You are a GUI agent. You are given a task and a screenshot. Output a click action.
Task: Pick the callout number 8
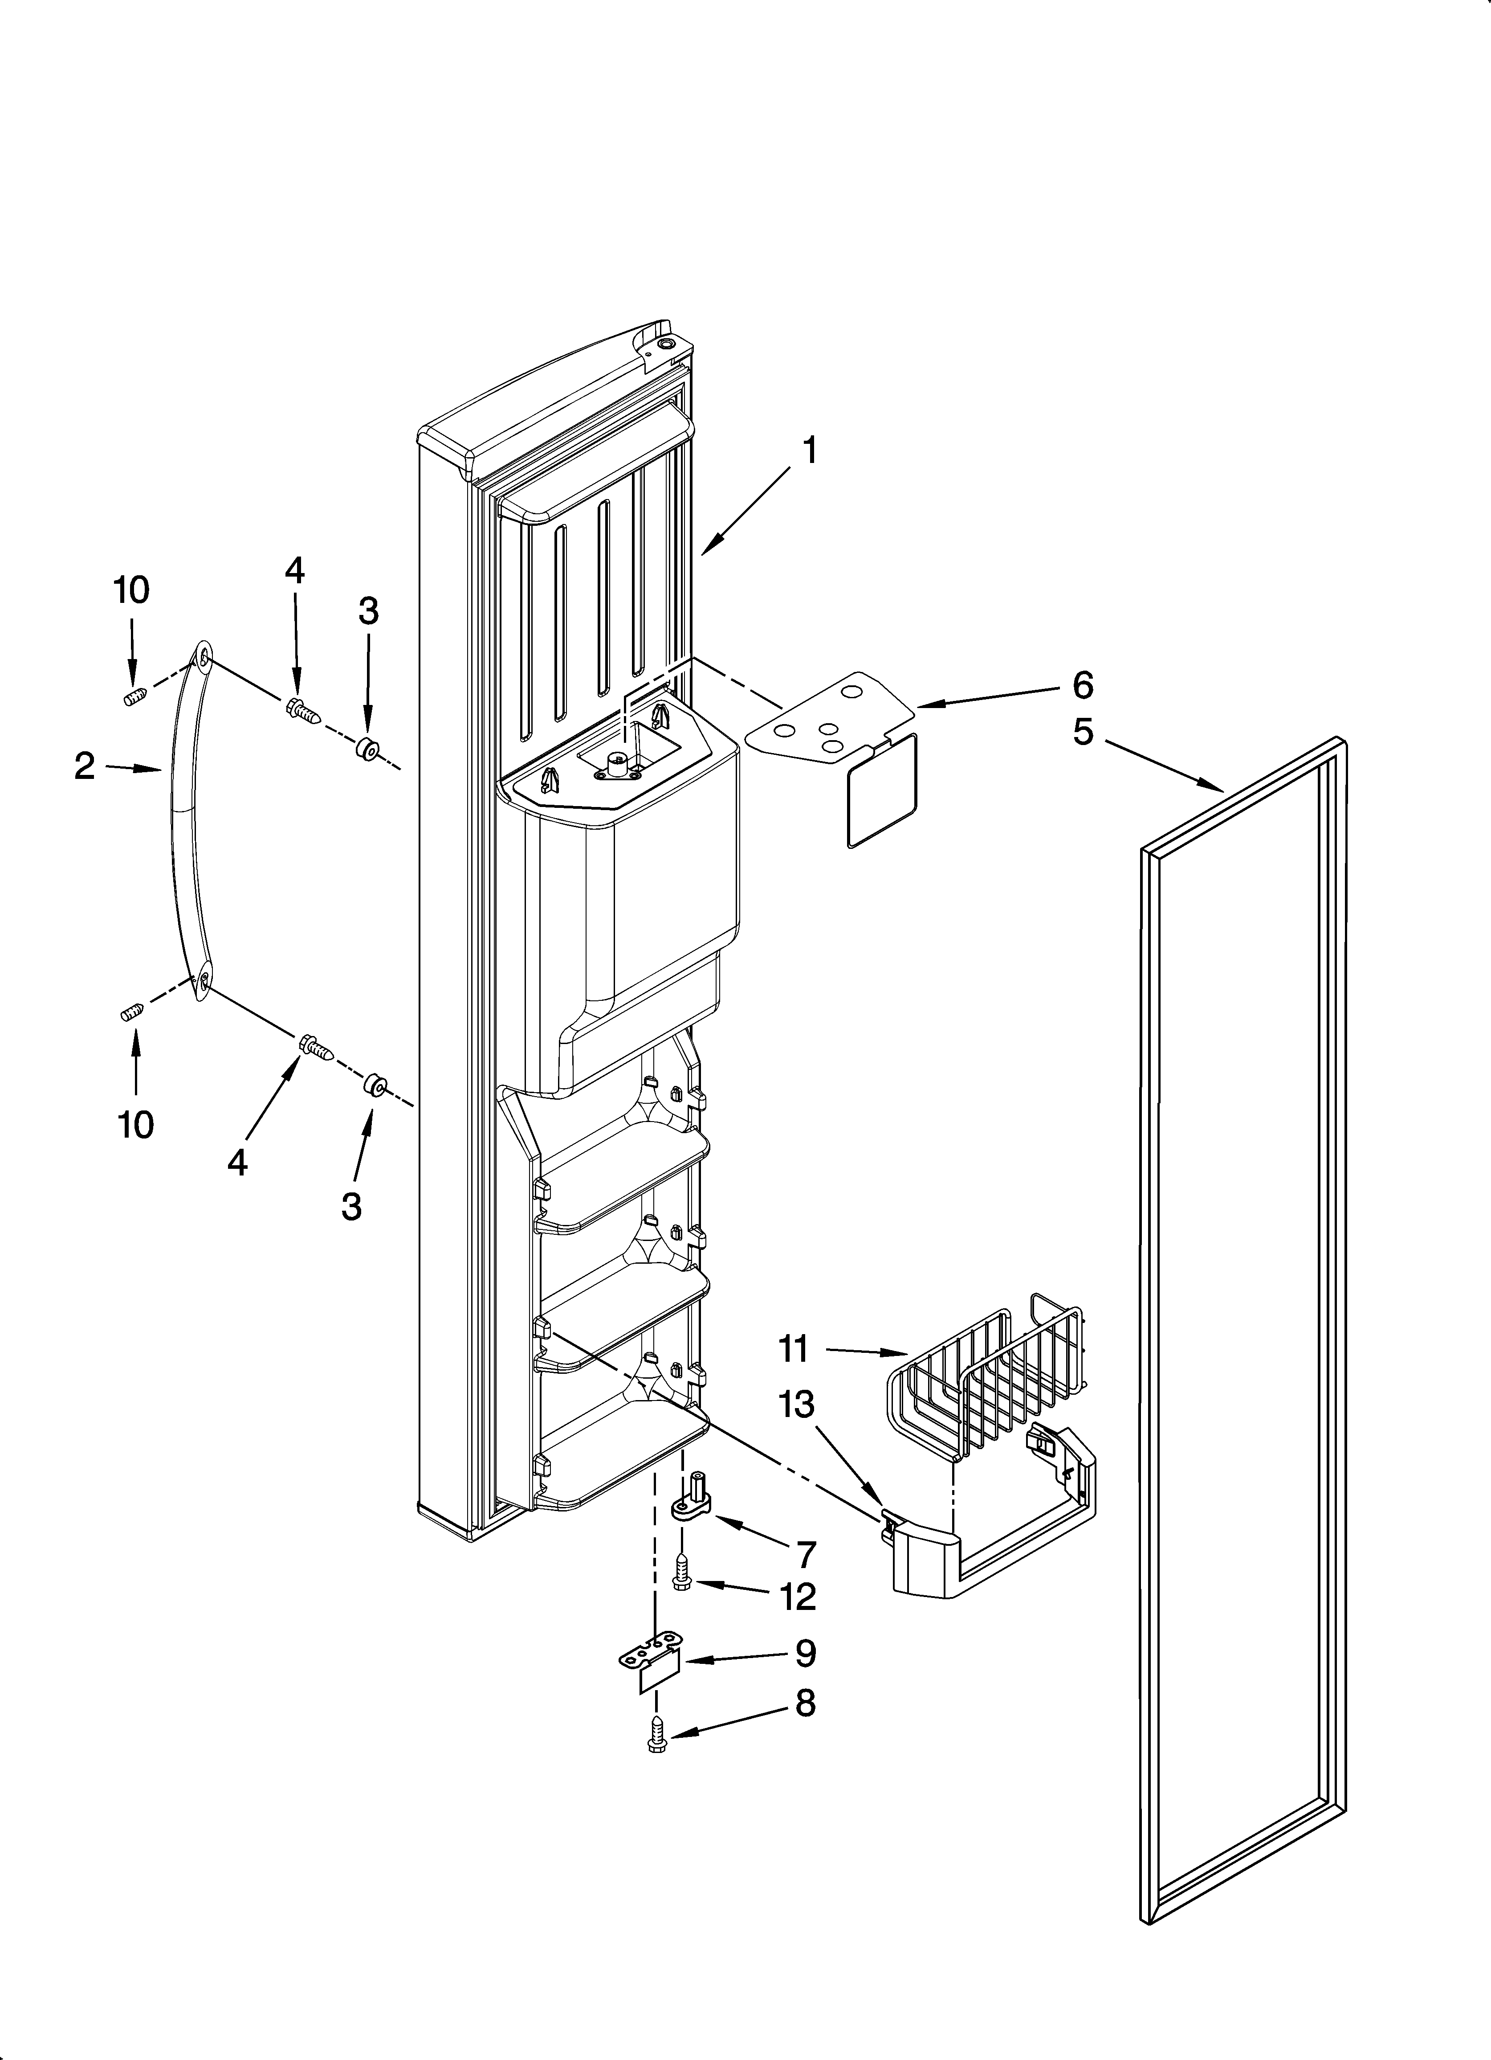(x=805, y=1703)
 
